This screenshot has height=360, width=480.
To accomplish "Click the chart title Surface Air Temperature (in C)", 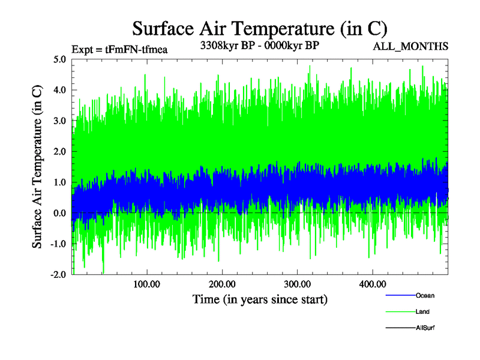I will coord(260,28).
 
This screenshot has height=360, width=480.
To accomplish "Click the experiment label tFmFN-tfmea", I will coord(119,49).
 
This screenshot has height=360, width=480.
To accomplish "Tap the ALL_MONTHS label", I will coord(411,46).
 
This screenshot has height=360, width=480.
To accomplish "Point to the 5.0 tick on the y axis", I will coord(59,59).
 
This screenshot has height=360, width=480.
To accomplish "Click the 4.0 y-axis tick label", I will coord(59,90).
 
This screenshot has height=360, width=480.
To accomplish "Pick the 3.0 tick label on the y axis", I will coord(59,121).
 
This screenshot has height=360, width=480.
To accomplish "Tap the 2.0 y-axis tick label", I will coord(59,151).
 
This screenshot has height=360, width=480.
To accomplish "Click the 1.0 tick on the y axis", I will coord(59,182).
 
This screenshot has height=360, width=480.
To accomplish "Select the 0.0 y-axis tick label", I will coord(59,213).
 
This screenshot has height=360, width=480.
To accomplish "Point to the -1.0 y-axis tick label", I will coord(58,244).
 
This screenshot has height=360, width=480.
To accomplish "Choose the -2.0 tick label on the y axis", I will coord(58,275).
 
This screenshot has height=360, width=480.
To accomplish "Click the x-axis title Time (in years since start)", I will coord(260,298).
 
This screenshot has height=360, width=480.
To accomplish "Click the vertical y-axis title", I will coord(37,167).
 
